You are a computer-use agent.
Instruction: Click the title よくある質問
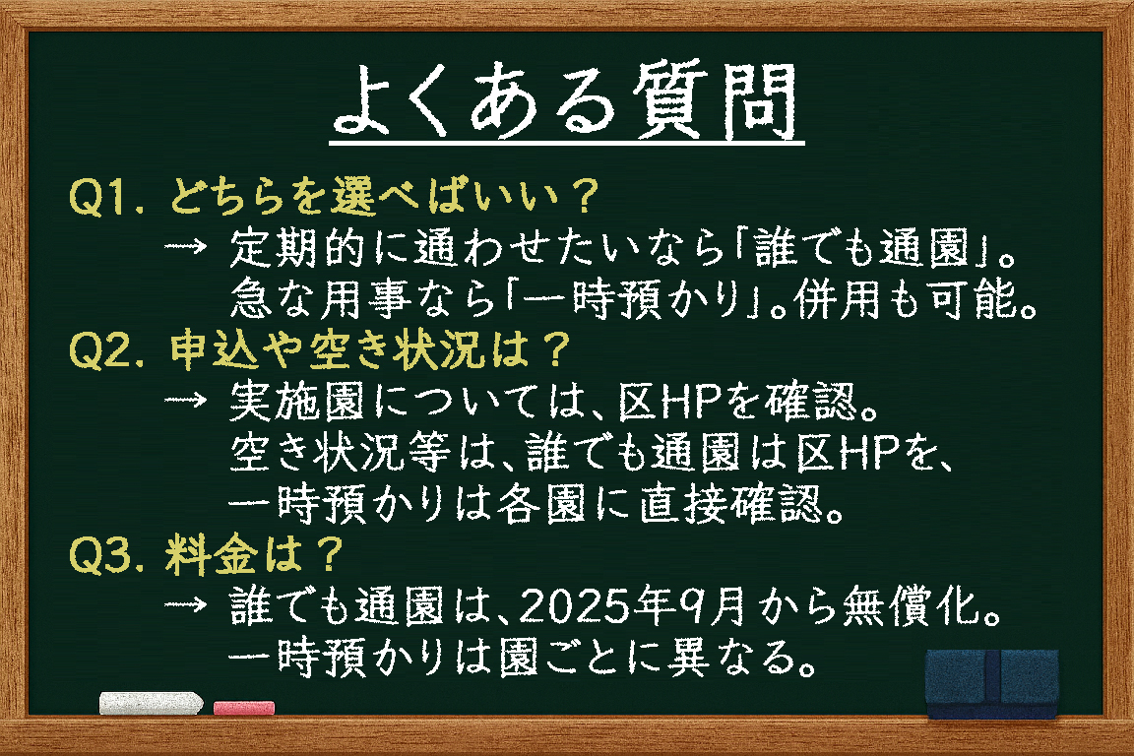567,101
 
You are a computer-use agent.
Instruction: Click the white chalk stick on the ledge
151,703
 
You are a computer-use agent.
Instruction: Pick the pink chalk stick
244,707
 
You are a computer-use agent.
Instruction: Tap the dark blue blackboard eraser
992,684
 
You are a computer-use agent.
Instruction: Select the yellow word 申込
214,350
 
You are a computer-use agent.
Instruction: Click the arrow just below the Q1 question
186,247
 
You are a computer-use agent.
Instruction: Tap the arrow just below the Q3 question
186,604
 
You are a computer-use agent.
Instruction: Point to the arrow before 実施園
186,400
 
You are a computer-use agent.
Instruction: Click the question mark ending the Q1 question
585,197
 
